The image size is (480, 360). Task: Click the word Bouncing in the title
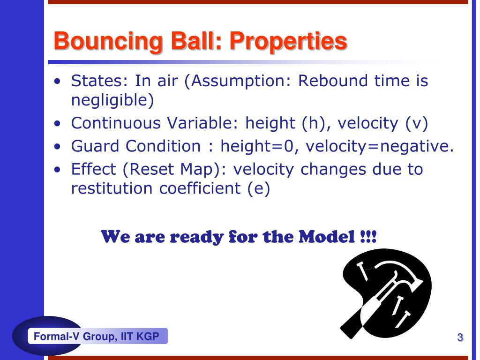pyautogui.click(x=108, y=42)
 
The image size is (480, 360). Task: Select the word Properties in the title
pyautogui.click(x=288, y=42)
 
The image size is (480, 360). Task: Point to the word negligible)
pyautogui.click(x=112, y=100)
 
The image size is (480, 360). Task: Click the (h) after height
pyautogui.click(x=316, y=123)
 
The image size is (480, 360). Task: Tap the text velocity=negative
pyautogui.click(x=380, y=146)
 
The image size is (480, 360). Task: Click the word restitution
pyautogui.click(x=112, y=188)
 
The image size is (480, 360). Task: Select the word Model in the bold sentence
pyautogui.click(x=327, y=237)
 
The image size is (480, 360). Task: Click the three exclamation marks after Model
pyautogui.click(x=368, y=237)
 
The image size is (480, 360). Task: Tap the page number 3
pyautogui.click(x=460, y=337)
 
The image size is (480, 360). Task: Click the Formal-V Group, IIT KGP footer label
pyautogui.click(x=97, y=337)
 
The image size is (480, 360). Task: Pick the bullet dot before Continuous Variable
pyautogui.click(x=57, y=123)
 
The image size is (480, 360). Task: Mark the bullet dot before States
pyautogui.click(x=57, y=82)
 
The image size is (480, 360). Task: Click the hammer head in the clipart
pyautogui.click(x=398, y=272)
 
